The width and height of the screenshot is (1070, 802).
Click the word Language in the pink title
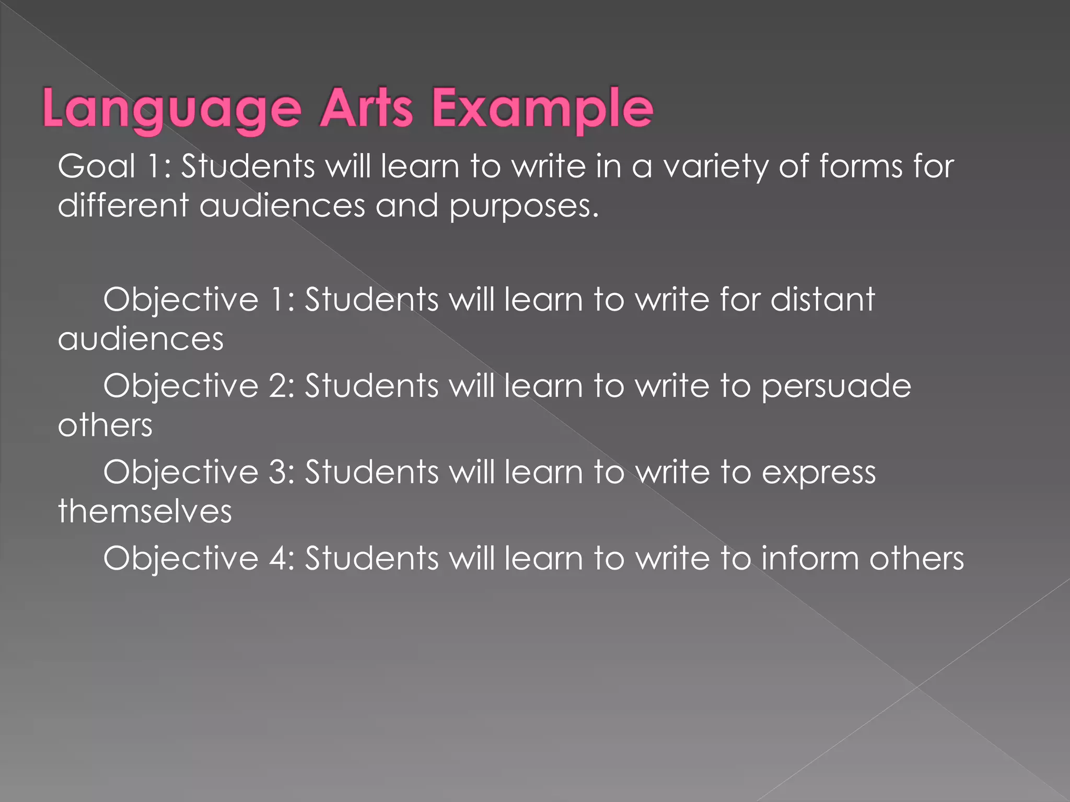coord(172,109)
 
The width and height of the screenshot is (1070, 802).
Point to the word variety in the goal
coord(715,168)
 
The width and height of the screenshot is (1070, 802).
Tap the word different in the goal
coord(123,205)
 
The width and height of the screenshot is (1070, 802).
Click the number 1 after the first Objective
coord(277,300)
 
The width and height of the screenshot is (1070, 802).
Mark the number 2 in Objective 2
coord(277,386)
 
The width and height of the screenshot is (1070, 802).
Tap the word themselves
coord(145,511)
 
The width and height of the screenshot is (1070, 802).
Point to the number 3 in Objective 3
coord(277,473)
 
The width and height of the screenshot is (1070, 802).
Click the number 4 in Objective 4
coord(277,559)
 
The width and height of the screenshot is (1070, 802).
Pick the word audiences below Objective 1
coord(141,339)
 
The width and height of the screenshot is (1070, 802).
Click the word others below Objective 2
coord(105,425)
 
